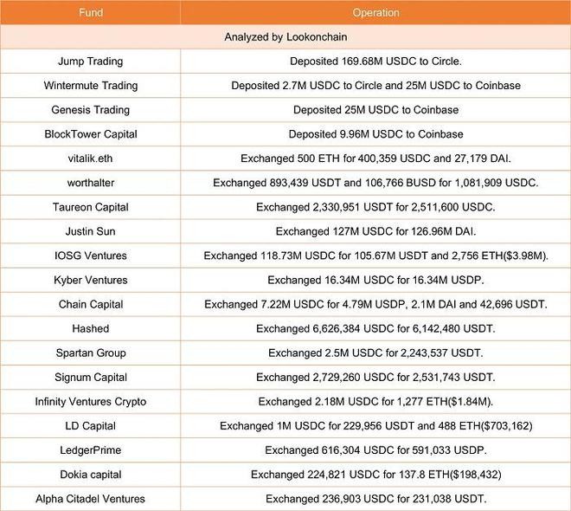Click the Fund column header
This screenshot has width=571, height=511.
click(x=90, y=13)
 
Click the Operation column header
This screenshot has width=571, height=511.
click(x=375, y=13)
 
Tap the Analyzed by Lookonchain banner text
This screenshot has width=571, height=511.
click(x=285, y=37)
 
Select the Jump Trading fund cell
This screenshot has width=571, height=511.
click(x=90, y=61)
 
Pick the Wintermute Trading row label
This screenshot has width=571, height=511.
click(x=90, y=86)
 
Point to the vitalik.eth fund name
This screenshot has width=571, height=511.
click(x=90, y=158)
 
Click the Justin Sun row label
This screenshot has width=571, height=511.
click(x=90, y=231)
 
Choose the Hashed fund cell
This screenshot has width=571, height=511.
click(x=90, y=328)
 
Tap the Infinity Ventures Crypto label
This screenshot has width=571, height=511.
click(x=90, y=401)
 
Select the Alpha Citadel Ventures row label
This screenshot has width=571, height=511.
click(x=90, y=498)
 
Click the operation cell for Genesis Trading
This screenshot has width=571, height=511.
click(x=375, y=110)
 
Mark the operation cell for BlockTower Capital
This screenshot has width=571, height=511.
click(x=375, y=134)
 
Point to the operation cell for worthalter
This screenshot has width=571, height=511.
click(x=375, y=183)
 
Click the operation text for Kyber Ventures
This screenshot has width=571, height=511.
click(x=375, y=280)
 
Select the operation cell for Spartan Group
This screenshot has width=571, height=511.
click(x=375, y=353)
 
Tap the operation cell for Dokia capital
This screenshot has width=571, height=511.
click(x=375, y=474)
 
